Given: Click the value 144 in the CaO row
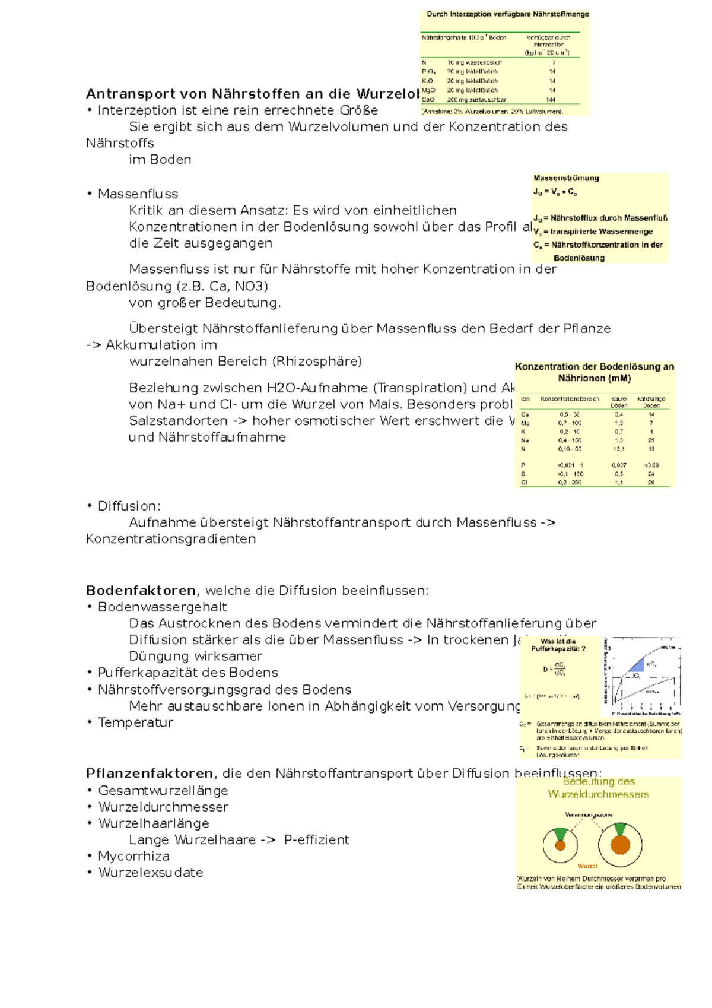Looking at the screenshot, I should coord(551,100).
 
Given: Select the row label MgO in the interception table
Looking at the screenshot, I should coord(428,90).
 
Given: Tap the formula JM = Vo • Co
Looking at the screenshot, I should coord(555,192).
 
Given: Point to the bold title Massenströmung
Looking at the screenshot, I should coord(566,178).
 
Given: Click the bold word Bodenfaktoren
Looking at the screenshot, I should coord(141,591).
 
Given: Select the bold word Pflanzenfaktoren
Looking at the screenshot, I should coord(150,774).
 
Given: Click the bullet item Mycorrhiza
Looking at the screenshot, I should coord(133,856).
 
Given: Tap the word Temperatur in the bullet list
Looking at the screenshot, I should coord(135,722).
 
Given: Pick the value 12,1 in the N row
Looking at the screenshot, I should coord(618,449).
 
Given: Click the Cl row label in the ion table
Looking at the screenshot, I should coord(524,483).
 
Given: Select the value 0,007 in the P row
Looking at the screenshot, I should coord(618,465).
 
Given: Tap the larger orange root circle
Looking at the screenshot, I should coord(620,845).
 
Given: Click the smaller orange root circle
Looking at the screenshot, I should coord(560,845).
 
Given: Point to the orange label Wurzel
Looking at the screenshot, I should coord(587,866).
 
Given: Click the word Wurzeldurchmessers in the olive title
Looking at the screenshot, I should coord(598,794).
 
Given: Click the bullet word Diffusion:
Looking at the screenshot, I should coord(129,506).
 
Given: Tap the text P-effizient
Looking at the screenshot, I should coord(316,840).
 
